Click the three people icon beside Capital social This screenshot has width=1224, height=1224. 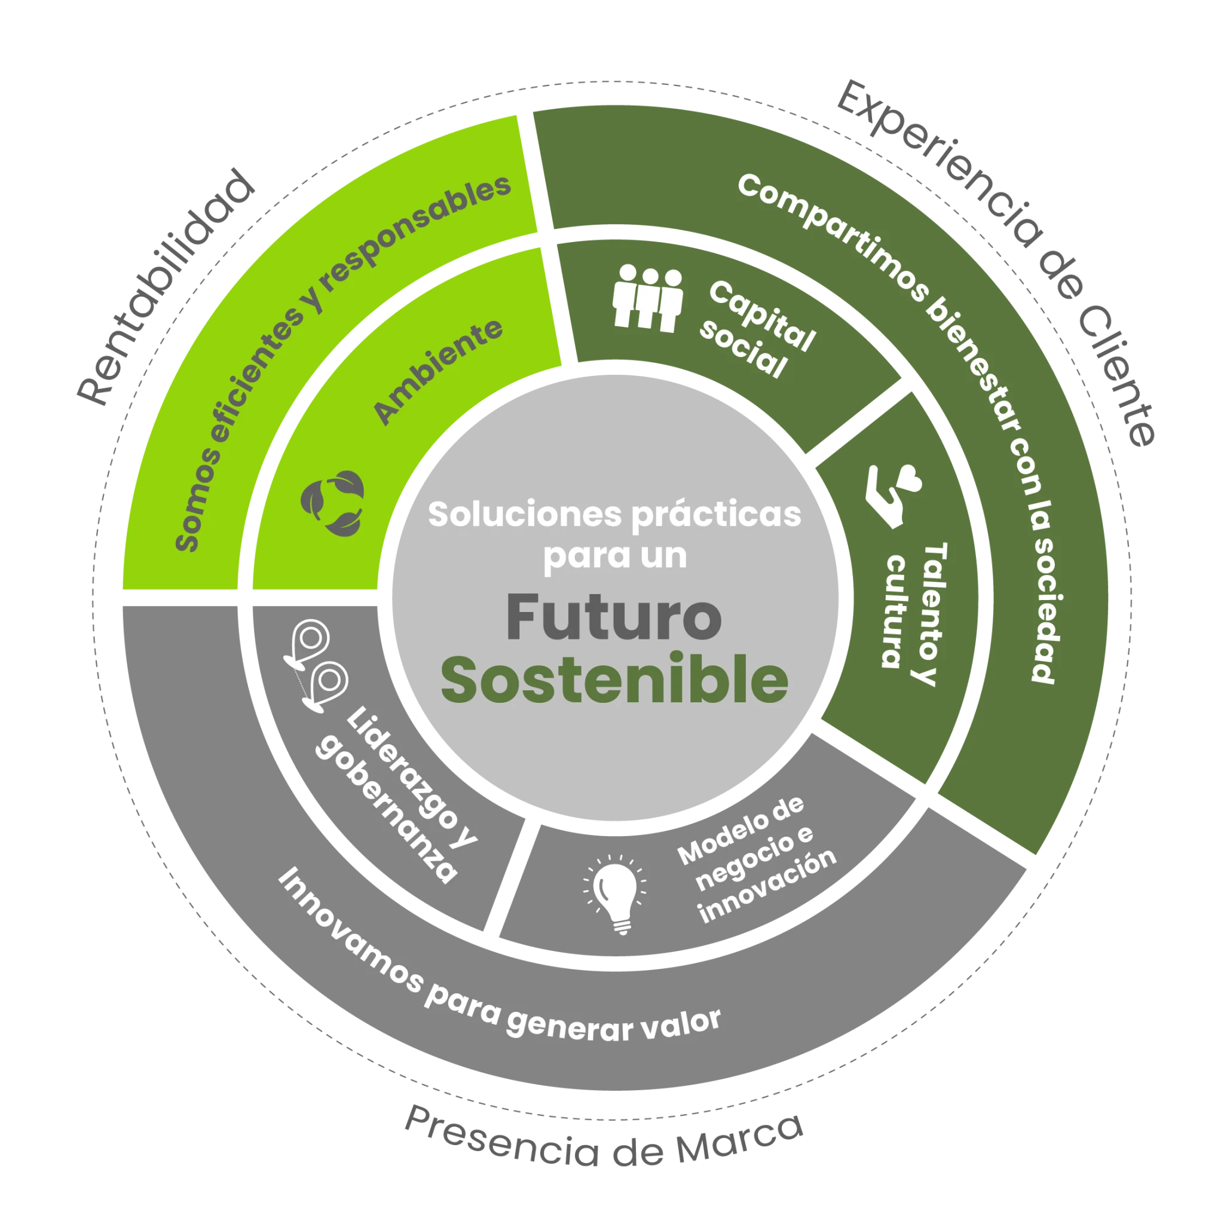[647, 298]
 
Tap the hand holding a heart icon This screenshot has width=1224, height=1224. [893, 496]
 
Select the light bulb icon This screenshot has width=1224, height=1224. [616, 893]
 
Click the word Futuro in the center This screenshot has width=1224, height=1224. [613, 618]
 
